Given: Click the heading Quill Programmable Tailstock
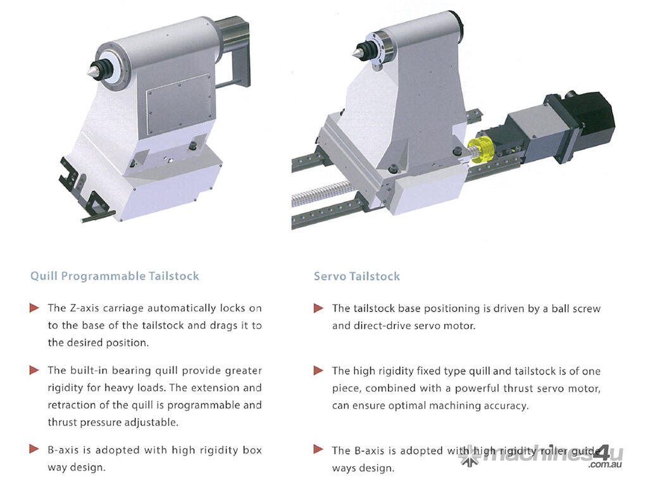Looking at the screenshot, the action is click(x=115, y=276).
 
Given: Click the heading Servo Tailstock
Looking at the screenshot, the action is click(x=357, y=276).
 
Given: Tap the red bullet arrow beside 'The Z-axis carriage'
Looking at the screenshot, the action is click(x=34, y=308).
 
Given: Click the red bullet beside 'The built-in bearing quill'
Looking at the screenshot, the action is click(x=34, y=370).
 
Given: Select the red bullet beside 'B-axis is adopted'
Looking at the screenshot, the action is click(x=34, y=449).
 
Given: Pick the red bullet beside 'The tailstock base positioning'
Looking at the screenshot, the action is click(x=319, y=308).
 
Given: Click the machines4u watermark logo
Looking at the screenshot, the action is click(x=542, y=454).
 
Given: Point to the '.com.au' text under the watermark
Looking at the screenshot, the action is click(x=606, y=464).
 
